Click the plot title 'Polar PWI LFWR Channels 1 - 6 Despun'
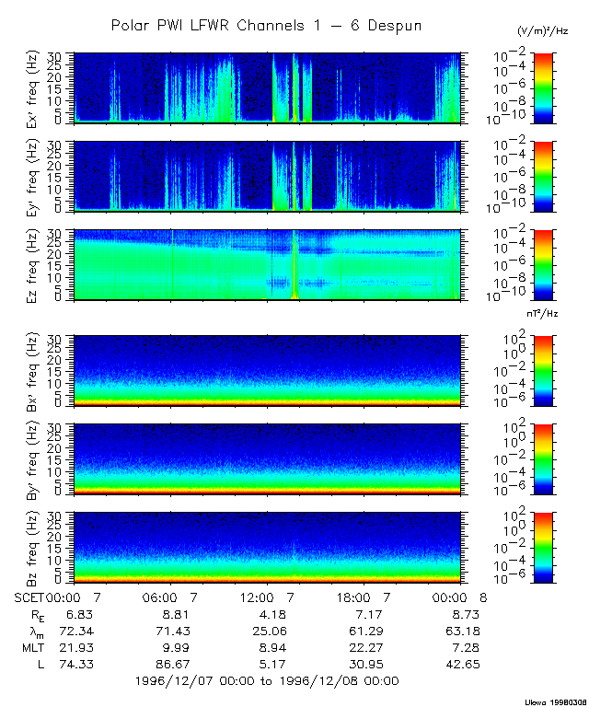pos(267,25)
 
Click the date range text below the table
pos(267,681)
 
